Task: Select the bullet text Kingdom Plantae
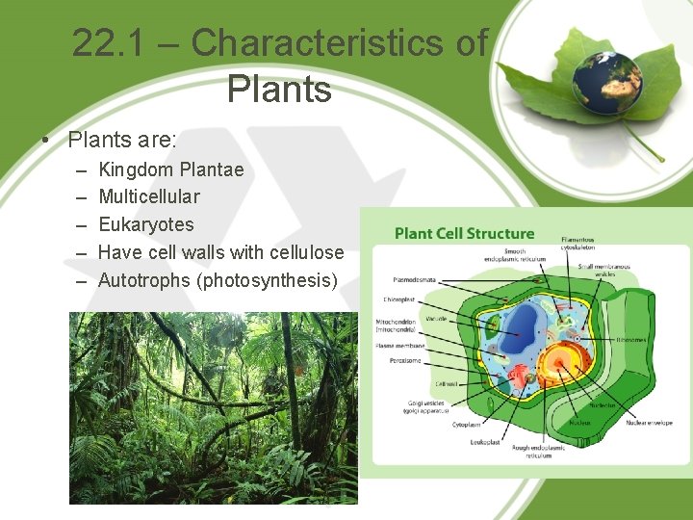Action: click(171, 169)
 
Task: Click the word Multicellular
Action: click(149, 196)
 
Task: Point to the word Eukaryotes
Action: click(146, 224)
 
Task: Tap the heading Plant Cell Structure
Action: click(464, 233)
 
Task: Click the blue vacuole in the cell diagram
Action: click(526, 332)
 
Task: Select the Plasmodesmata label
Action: click(413, 280)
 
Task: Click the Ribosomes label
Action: click(631, 339)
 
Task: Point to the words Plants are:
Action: click(122, 140)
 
